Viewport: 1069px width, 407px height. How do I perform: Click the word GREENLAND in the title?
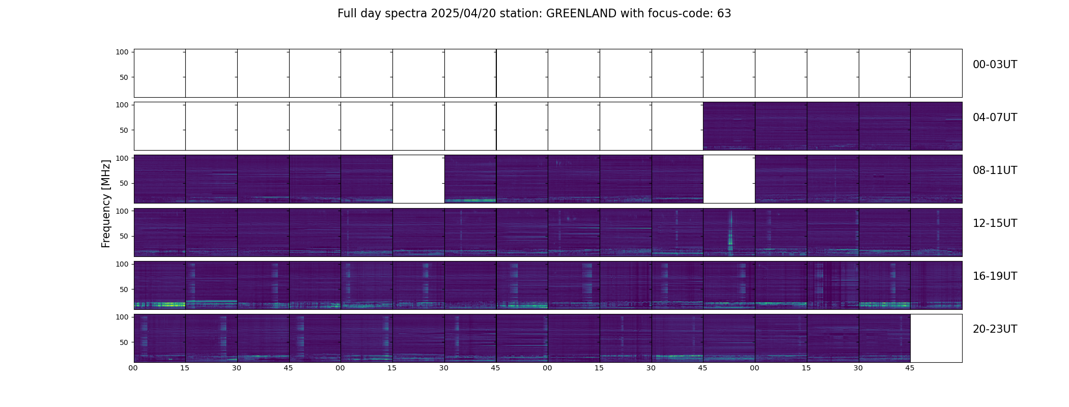coord(581,14)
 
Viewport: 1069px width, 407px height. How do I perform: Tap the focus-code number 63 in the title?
coord(724,14)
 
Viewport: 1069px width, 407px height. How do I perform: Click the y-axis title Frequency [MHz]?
coord(106,203)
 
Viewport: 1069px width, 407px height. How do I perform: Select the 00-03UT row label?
coord(995,65)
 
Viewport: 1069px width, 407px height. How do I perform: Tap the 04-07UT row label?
coord(995,118)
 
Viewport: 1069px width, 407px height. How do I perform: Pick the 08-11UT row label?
coord(995,170)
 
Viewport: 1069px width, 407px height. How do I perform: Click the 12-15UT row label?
coord(995,223)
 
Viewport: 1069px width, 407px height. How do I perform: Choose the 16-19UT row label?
coord(995,276)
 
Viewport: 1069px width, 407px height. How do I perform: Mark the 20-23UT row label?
coord(995,329)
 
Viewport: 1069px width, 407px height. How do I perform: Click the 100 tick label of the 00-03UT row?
coord(122,52)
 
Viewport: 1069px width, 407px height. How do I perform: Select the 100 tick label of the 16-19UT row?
coord(122,264)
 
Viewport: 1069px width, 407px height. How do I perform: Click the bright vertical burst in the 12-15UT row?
coord(730,231)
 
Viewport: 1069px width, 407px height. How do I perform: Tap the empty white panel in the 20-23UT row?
coord(936,338)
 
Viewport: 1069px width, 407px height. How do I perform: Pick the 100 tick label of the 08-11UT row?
coord(122,158)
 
